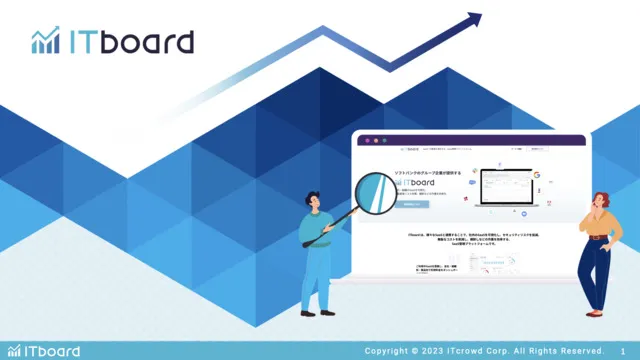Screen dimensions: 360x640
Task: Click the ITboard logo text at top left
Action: pyautogui.click(x=130, y=42)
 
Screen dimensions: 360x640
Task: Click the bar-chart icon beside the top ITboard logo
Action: pyautogui.click(x=45, y=41)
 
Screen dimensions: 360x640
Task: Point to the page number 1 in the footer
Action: pyautogui.click(x=623, y=350)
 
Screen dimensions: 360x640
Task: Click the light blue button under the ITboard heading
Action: pyautogui.click(x=412, y=204)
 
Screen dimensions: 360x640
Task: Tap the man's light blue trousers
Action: pyautogui.click(x=316, y=276)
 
